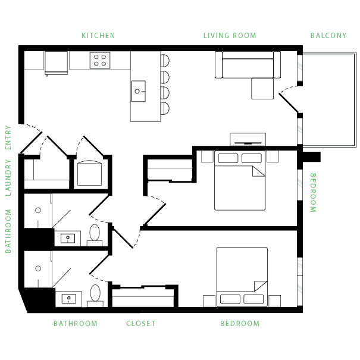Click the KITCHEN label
(x=98, y=36)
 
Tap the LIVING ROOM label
(x=230, y=36)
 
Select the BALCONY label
(x=328, y=36)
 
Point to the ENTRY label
(x=8, y=137)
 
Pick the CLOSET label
(x=141, y=324)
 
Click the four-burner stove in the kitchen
(x=100, y=60)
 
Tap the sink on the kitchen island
(x=138, y=91)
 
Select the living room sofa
(x=248, y=65)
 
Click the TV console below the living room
(x=248, y=139)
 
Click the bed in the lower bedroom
(x=242, y=277)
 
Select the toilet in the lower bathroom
(x=96, y=293)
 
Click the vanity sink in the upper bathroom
(x=69, y=238)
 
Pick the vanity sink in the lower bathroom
(x=70, y=298)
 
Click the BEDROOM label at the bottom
(x=240, y=324)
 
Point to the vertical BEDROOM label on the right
(x=313, y=193)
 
